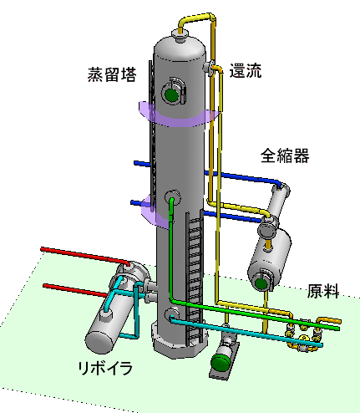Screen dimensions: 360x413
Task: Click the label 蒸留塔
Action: (x=112, y=74)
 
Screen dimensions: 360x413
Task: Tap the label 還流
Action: (x=246, y=71)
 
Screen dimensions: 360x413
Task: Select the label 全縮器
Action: (x=285, y=156)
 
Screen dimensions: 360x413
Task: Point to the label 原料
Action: (x=323, y=291)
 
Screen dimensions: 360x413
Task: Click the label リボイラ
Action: (x=105, y=368)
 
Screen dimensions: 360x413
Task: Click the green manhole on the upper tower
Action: (x=171, y=94)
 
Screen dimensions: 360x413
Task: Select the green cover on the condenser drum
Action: (x=261, y=283)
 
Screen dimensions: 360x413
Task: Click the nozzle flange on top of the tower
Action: (x=179, y=36)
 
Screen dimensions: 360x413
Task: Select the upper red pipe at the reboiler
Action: (x=85, y=255)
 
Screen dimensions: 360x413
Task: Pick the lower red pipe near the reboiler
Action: (x=76, y=290)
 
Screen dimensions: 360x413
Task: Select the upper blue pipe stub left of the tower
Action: (x=143, y=164)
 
